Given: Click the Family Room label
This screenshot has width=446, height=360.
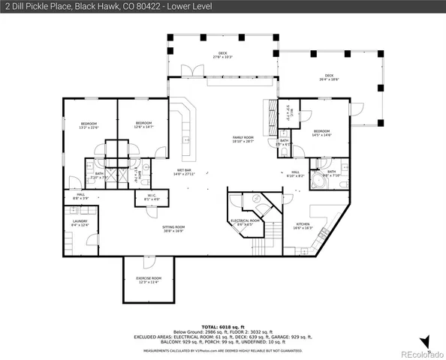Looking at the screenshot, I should click(x=243, y=139).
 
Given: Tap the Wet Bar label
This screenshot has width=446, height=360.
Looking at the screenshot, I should click(x=185, y=172).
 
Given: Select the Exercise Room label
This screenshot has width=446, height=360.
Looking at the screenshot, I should click(x=149, y=280).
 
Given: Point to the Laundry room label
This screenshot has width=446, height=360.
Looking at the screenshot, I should click(x=80, y=223).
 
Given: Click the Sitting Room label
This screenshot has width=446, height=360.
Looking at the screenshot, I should click(x=173, y=229).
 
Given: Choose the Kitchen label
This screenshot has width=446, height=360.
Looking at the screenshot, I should click(x=303, y=226).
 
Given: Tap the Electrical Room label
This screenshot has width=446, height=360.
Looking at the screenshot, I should click(x=245, y=222).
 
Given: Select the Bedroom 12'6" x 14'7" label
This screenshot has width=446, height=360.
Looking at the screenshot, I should click(x=143, y=124).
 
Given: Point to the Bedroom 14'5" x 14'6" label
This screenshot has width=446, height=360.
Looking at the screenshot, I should click(x=321, y=133).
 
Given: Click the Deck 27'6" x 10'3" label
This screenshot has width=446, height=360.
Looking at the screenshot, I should click(x=223, y=55).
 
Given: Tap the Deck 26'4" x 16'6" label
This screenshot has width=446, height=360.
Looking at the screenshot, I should click(x=329, y=77).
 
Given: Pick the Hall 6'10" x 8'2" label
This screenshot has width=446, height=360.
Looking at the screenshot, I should click(x=296, y=174).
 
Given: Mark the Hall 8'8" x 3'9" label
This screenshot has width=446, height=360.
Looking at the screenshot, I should click(x=81, y=196).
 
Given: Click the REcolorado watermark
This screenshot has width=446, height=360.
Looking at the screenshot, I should click(x=420, y=353).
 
